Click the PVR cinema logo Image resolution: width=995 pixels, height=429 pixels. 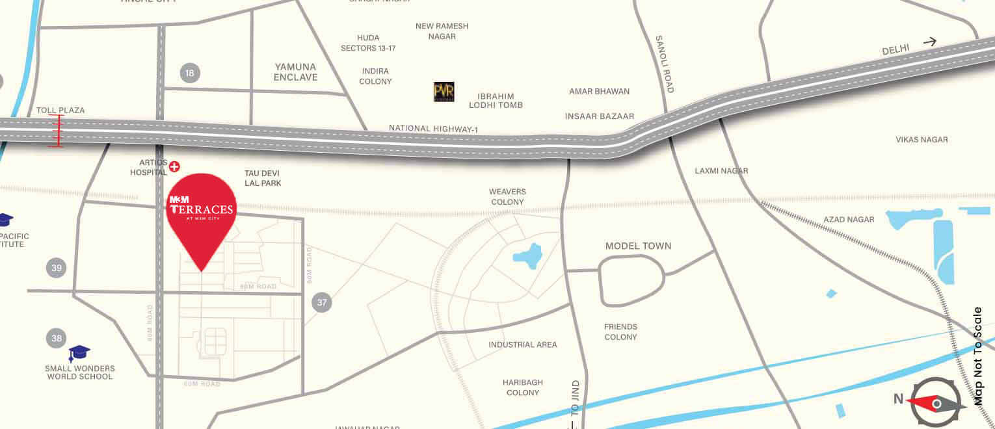(444, 92)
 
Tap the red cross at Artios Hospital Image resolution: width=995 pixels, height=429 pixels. (174, 167)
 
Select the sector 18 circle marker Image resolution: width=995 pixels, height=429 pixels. (189, 73)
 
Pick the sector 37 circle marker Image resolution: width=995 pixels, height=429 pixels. (322, 302)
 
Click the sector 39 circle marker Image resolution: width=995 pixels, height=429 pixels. (57, 268)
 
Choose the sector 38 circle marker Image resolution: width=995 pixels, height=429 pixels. (57, 338)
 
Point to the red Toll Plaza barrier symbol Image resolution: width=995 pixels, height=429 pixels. (56, 131)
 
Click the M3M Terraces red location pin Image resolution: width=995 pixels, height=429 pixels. (201, 214)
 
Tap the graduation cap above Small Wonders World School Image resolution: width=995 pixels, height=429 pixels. (79, 353)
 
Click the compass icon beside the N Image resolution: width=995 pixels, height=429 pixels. (936, 404)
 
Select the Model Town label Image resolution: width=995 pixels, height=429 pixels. (638, 246)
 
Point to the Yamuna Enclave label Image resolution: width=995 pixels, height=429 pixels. (295, 71)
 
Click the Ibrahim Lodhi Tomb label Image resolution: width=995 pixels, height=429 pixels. (496, 100)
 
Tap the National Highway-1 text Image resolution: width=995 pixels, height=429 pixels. (433, 129)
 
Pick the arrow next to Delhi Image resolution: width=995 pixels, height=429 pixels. (929, 42)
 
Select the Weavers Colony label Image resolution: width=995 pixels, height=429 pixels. (507, 197)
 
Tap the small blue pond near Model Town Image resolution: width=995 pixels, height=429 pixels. (529, 255)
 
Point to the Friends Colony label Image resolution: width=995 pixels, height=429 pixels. (620, 331)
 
